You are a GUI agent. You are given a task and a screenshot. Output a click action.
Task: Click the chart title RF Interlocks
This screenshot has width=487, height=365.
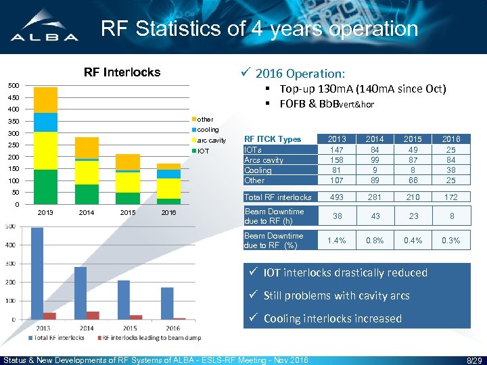coord(122,72)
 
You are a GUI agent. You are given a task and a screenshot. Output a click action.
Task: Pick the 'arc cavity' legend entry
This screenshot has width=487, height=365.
coord(210,140)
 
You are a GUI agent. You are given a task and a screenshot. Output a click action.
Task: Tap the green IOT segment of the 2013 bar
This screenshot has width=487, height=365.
coord(45,187)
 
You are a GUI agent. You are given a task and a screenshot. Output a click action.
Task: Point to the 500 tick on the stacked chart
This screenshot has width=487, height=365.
coord(13,85)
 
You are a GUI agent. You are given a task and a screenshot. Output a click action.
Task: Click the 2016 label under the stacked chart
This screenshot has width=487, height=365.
coord(168,213)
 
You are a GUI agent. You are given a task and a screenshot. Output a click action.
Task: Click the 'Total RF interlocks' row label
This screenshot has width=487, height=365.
coord(278,197)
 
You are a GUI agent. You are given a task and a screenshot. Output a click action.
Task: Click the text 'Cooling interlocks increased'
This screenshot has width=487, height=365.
coord(332,318)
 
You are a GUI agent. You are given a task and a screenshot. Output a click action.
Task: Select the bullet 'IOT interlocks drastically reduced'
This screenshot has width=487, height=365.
coord(345,272)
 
